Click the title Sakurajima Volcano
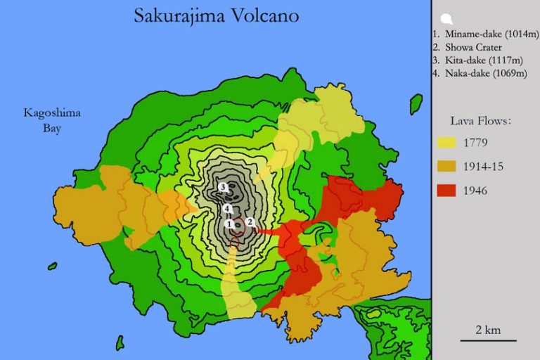coord(215,15)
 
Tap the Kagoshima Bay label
coord(52,120)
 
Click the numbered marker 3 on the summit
coord(223,187)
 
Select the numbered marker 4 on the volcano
coord(227,209)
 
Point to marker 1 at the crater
coord(229,224)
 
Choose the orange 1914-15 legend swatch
coord(446,167)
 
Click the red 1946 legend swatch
coord(446,191)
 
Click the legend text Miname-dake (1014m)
coord(485,33)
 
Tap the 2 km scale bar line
coord(488,340)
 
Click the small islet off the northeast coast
coord(416,104)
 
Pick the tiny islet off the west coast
coord(52,266)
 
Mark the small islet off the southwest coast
coord(120,342)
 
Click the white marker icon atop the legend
coord(446,19)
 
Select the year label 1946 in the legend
coord(476,191)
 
